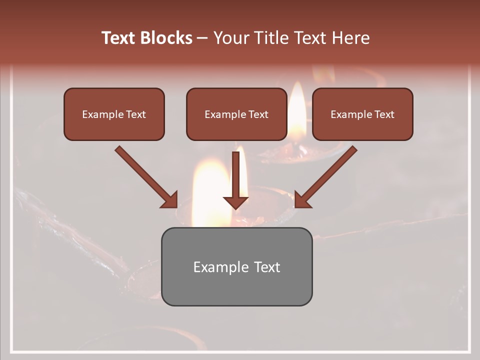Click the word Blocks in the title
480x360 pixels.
point(167,38)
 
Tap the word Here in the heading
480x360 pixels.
point(351,38)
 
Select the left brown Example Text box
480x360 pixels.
point(114,114)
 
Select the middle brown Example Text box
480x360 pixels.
point(236,114)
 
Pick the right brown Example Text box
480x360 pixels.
point(362,114)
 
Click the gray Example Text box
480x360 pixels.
point(236,266)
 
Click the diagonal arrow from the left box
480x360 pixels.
point(145,176)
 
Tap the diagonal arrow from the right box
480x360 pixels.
point(327,176)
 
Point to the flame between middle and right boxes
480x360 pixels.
point(297,110)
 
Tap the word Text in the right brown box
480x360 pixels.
point(384,114)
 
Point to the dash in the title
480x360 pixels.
point(202,38)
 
